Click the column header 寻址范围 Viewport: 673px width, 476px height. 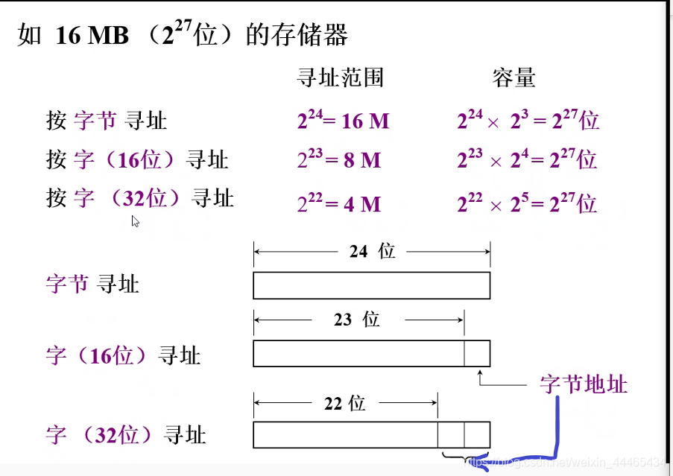click(x=340, y=77)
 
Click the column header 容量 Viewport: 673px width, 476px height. click(x=514, y=77)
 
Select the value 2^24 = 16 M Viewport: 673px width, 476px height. click(x=343, y=120)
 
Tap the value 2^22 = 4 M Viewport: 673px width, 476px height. click(x=339, y=203)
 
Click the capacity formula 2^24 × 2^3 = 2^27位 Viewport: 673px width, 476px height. click(x=528, y=120)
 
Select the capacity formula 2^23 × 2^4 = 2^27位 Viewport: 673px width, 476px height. click(x=527, y=159)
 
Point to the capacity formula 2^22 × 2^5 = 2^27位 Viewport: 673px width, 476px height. click(x=527, y=203)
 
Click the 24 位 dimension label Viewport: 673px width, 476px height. click(x=372, y=251)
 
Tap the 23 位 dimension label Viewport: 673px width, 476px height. click(x=357, y=320)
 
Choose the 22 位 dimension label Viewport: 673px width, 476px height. click(x=344, y=403)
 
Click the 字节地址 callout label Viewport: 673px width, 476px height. click(x=584, y=384)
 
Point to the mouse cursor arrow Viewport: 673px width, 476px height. click(x=135, y=220)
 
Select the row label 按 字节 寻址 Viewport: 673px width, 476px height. click(x=107, y=120)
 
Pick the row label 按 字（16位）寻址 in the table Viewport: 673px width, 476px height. click(x=137, y=159)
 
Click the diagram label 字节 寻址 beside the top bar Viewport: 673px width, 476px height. click(x=92, y=284)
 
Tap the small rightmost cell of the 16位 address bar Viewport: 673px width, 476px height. click(x=477, y=353)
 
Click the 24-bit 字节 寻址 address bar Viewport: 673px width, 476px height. click(x=371, y=285)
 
